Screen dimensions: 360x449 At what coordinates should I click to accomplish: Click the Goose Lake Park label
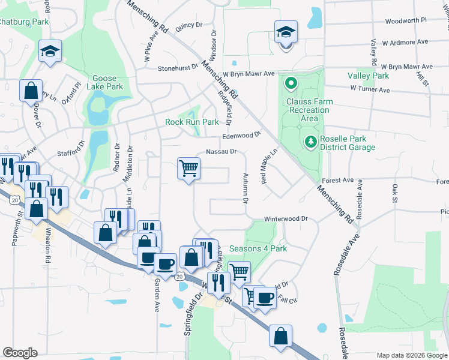click(x=108, y=82)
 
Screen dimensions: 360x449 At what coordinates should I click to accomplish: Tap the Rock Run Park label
click(x=191, y=122)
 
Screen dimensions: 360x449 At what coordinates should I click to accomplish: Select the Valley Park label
click(x=369, y=76)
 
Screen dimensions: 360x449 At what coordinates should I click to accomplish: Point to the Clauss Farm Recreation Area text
click(x=309, y=110)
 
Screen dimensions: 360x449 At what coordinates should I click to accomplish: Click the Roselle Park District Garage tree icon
click(x=310, y=142)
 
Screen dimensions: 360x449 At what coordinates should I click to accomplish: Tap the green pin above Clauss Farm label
click(x=291, y=83)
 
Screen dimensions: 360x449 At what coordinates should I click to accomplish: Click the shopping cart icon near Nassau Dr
click(x=188, y=168)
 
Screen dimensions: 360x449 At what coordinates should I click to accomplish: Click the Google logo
click(x=20, y=353)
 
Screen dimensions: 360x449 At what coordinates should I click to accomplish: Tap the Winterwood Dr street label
click(x=286, y=220)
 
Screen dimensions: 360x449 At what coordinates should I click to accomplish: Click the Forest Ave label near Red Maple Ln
click(x=338, y=180)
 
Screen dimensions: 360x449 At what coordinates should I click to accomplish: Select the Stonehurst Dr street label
click(x=178, y=68)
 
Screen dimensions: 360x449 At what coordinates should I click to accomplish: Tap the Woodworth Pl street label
click(x=405, y=20)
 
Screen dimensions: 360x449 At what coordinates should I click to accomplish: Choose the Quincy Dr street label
click(x=189, y=25)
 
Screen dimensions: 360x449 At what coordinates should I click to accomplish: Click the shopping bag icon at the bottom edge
click(x=280, y=336)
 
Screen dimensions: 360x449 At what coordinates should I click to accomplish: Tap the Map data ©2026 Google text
click(x=411, y=355)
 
